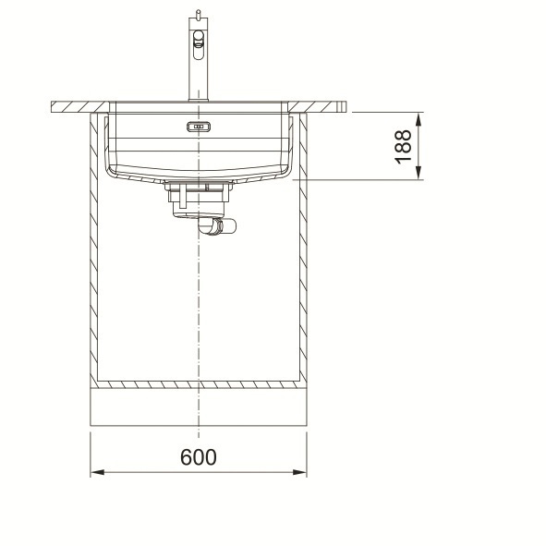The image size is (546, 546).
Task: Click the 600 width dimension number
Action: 198,457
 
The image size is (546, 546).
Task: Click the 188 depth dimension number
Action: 403,146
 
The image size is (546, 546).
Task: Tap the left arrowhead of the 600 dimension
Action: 97,472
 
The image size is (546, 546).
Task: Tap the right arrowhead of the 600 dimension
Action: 300,472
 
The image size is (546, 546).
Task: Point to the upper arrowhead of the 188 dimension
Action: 419,119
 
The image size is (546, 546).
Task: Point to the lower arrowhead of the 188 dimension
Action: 419,173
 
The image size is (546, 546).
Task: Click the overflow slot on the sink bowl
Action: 199,127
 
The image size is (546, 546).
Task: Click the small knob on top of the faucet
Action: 198,15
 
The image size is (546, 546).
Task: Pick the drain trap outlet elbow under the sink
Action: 216,226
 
